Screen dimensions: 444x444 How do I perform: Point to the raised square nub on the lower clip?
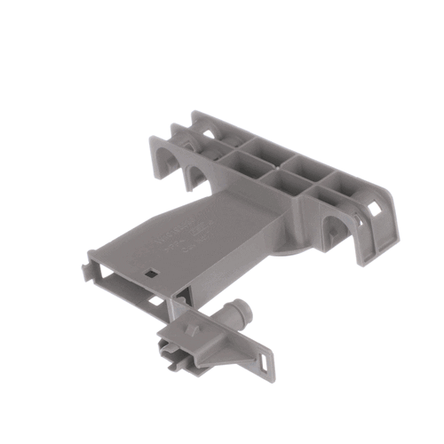coord(191,329)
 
